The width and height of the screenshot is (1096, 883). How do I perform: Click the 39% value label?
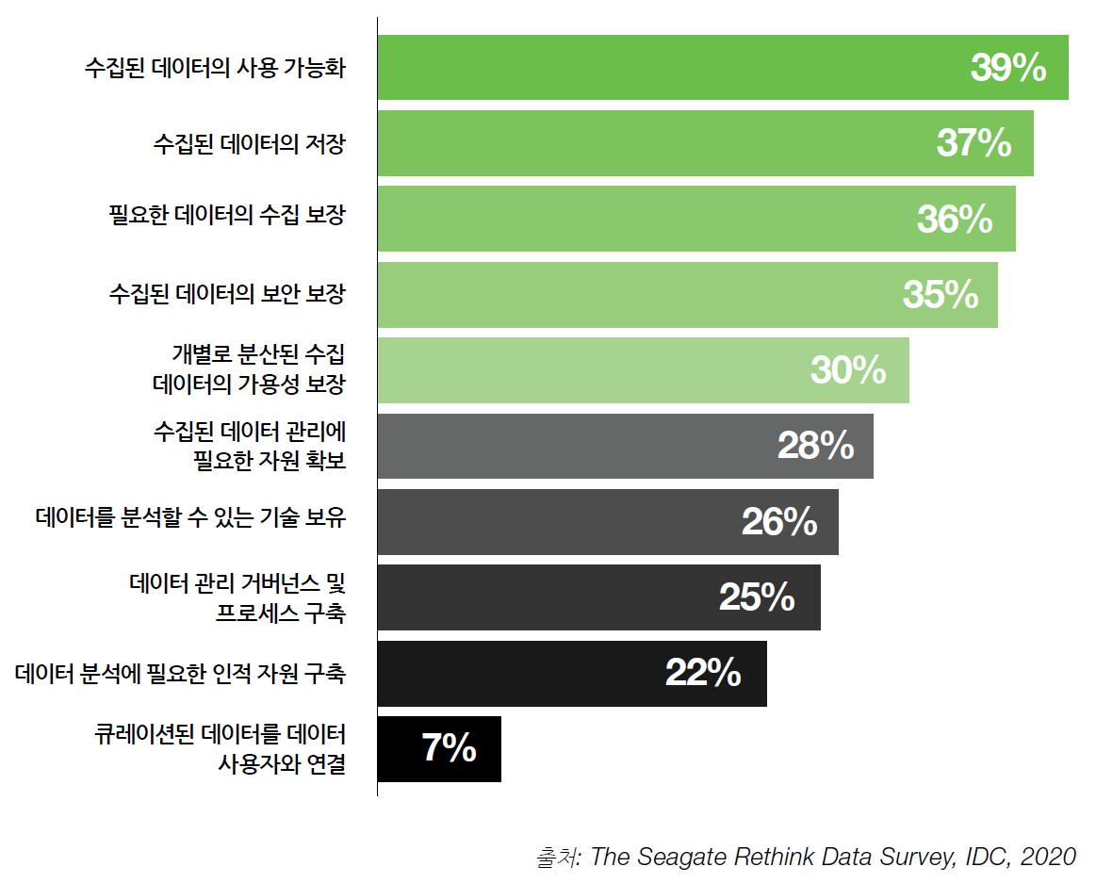(1007, 68)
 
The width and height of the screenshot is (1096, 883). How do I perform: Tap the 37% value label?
(973, 143)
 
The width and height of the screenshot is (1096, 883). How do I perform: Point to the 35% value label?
(941, 295)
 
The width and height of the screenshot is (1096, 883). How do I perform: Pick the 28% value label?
(815, 446)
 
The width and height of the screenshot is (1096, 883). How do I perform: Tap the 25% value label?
(757, 597)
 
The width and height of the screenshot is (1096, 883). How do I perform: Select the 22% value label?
(703, 673)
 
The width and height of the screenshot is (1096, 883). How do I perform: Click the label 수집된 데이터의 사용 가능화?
(214, 69)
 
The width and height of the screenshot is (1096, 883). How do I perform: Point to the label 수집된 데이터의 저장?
(249, 144)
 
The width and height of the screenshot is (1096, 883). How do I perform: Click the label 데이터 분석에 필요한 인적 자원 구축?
(181, 674)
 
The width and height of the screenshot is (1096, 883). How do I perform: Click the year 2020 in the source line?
(1049, 857)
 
